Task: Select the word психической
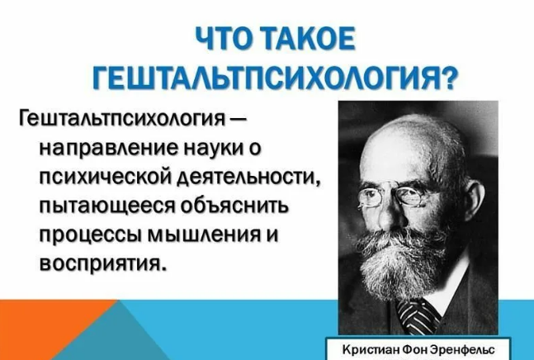(106, 178)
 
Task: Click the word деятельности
(250, 177)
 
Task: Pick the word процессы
(91, 235)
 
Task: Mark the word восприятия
(103, 264)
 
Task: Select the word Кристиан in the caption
(371, 350)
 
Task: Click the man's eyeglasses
(392, 195)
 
